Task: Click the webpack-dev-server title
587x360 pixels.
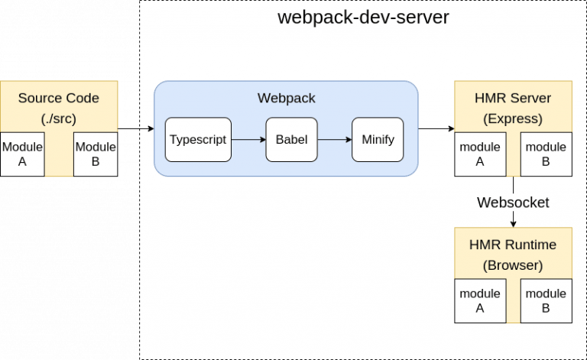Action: pyautogui.click(x=362, y=17)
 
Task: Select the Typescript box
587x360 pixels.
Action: pyautogui.click(x=198, y=140)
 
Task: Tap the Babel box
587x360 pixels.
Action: pyautogui.click(x=291, y=140)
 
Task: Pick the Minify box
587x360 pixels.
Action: pyautogui.click(x=377, y=140)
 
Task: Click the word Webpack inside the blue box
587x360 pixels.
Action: pyautogui.click(x=286, y=98)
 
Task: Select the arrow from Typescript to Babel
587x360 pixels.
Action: pyautogui.click(x=248, y=140)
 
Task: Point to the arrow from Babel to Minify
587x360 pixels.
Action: pyautogui.click(x=334, y=140)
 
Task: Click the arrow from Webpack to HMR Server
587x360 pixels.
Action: pyautogui.click(x=436, y=128)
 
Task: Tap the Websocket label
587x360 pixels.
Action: pyautogui.click(x=513, y=203)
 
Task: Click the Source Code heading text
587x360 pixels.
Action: pyautogui.click(x=59, y=98)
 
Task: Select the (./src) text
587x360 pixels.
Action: pyautogui.click(x=59, y=118)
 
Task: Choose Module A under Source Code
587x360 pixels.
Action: pyautogui.click(x=22, y=154)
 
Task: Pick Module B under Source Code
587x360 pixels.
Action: pyautogui.click(x=96, y=154)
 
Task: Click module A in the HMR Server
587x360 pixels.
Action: pyautogui.click(x=479, y=154)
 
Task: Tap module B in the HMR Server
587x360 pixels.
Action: pyautogui.click(x=546, y=154)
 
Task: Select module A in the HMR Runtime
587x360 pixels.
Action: pyautogui.click(x=479, y=301)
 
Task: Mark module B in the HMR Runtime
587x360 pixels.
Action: pyautogui.click(x=546, y=301)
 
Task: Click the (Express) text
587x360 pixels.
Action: pyautogui.click(x=513, y=118)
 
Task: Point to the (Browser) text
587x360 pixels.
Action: pyautogui.click(x=513, y=265)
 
